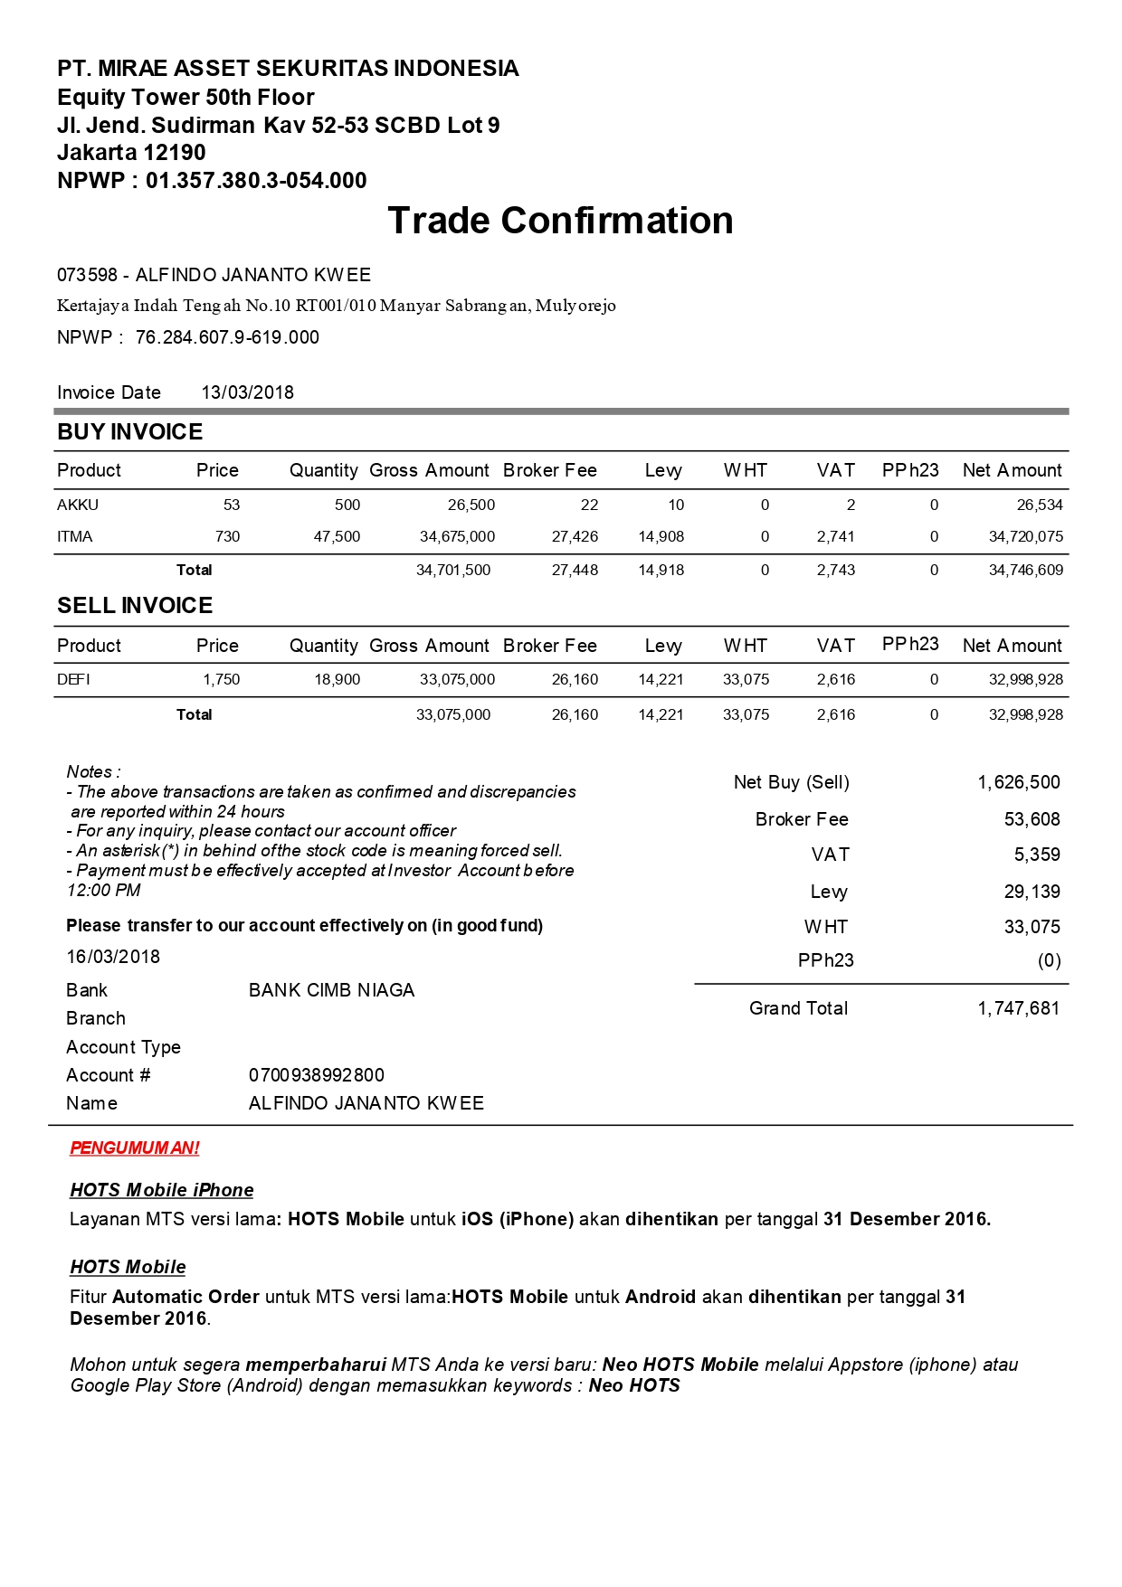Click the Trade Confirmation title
(560, 221)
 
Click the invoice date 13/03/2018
(247, 392)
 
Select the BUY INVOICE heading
(129, 432)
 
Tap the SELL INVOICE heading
(135, 606)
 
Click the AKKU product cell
(78, 505)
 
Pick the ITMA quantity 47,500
(337, 536)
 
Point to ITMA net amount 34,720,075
(1025, 536)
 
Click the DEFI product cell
(73, 679)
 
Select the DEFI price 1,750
(221, 679)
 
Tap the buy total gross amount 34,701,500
(453, 570)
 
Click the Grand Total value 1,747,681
(1018, 1008)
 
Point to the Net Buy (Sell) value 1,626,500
(1018, 782)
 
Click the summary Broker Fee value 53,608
(1032, 819)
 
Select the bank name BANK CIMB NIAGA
(331, 990)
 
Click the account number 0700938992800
(316, 1075)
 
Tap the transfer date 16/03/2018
(113, 957)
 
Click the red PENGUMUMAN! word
(134, 1148)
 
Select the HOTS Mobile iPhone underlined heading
(161, 1190)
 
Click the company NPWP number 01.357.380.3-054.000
(256, 181)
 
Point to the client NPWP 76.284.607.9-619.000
(227, 337)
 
